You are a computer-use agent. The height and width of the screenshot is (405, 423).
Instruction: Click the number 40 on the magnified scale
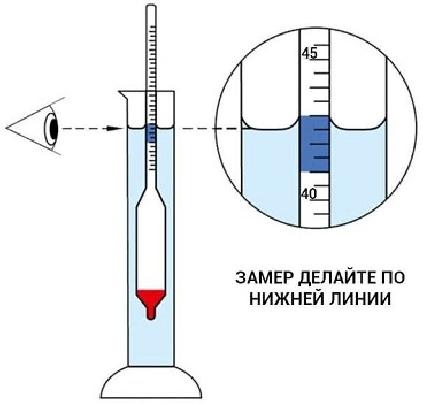(309, 194)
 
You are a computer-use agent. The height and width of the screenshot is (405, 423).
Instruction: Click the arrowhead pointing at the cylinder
(119, 128)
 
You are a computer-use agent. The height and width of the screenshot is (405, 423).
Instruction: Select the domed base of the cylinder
(151, 382)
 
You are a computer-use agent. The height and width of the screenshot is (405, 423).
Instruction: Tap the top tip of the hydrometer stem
(151, 7)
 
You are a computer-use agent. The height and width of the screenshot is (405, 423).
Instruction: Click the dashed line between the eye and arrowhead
(86, 128)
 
